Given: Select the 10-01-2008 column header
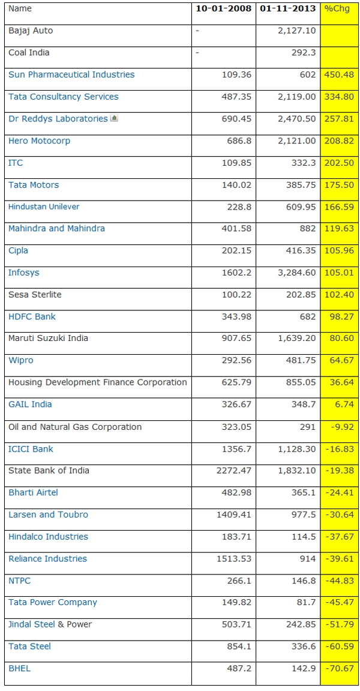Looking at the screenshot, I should tap(224, 8).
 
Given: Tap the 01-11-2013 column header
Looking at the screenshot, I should tap(287, 8).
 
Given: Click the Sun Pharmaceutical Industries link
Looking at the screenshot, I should tap(71, 74).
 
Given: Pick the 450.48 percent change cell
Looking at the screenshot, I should tap(339, 74).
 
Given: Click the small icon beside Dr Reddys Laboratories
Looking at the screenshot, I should tap(114, 118).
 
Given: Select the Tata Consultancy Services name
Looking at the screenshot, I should tap(64, 97).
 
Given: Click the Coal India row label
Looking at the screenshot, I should tap(29, 53).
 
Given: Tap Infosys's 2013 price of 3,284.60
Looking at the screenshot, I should tap(296, 273).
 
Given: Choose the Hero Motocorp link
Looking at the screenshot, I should tap(39, 140).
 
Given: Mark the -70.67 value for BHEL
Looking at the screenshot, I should tap(340, 668).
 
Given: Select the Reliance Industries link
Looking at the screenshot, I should tap(47, 558).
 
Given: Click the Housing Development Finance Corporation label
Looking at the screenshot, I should tap(98, 382).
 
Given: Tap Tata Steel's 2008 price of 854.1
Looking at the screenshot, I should tap(239, 647).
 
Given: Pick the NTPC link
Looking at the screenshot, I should tap(19, 581).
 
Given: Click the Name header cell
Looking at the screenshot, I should tap(20, 8).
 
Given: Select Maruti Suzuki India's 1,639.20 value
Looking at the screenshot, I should tap(296, 339).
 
